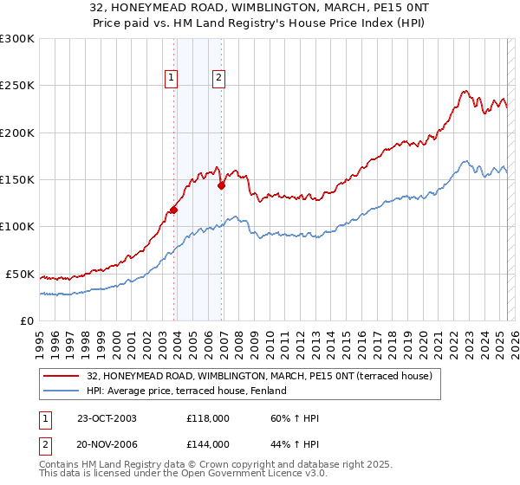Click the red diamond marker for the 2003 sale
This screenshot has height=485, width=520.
(174, 210)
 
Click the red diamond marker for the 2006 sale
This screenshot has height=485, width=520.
(222, 184)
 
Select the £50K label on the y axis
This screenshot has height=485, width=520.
(20, 274)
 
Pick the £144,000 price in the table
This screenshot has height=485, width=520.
(208, 444)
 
